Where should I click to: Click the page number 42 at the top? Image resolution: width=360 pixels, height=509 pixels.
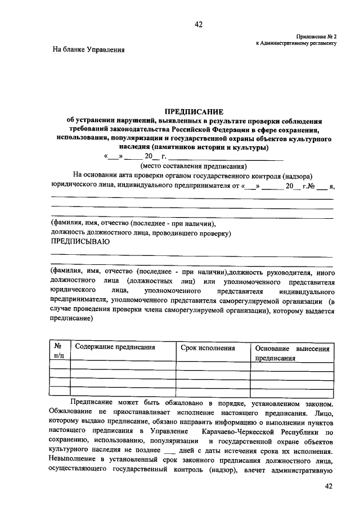tap(198, 24)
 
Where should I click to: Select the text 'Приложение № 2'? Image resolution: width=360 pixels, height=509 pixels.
tap(317, 35)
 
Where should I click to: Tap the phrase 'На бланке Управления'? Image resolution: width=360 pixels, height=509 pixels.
tap(88, 49)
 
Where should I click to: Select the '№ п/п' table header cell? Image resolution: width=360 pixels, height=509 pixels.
tap(58, 352)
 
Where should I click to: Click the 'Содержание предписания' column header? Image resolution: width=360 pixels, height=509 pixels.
tap(115, 348)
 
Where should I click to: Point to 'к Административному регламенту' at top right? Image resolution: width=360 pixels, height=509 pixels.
tap(296, 43)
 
